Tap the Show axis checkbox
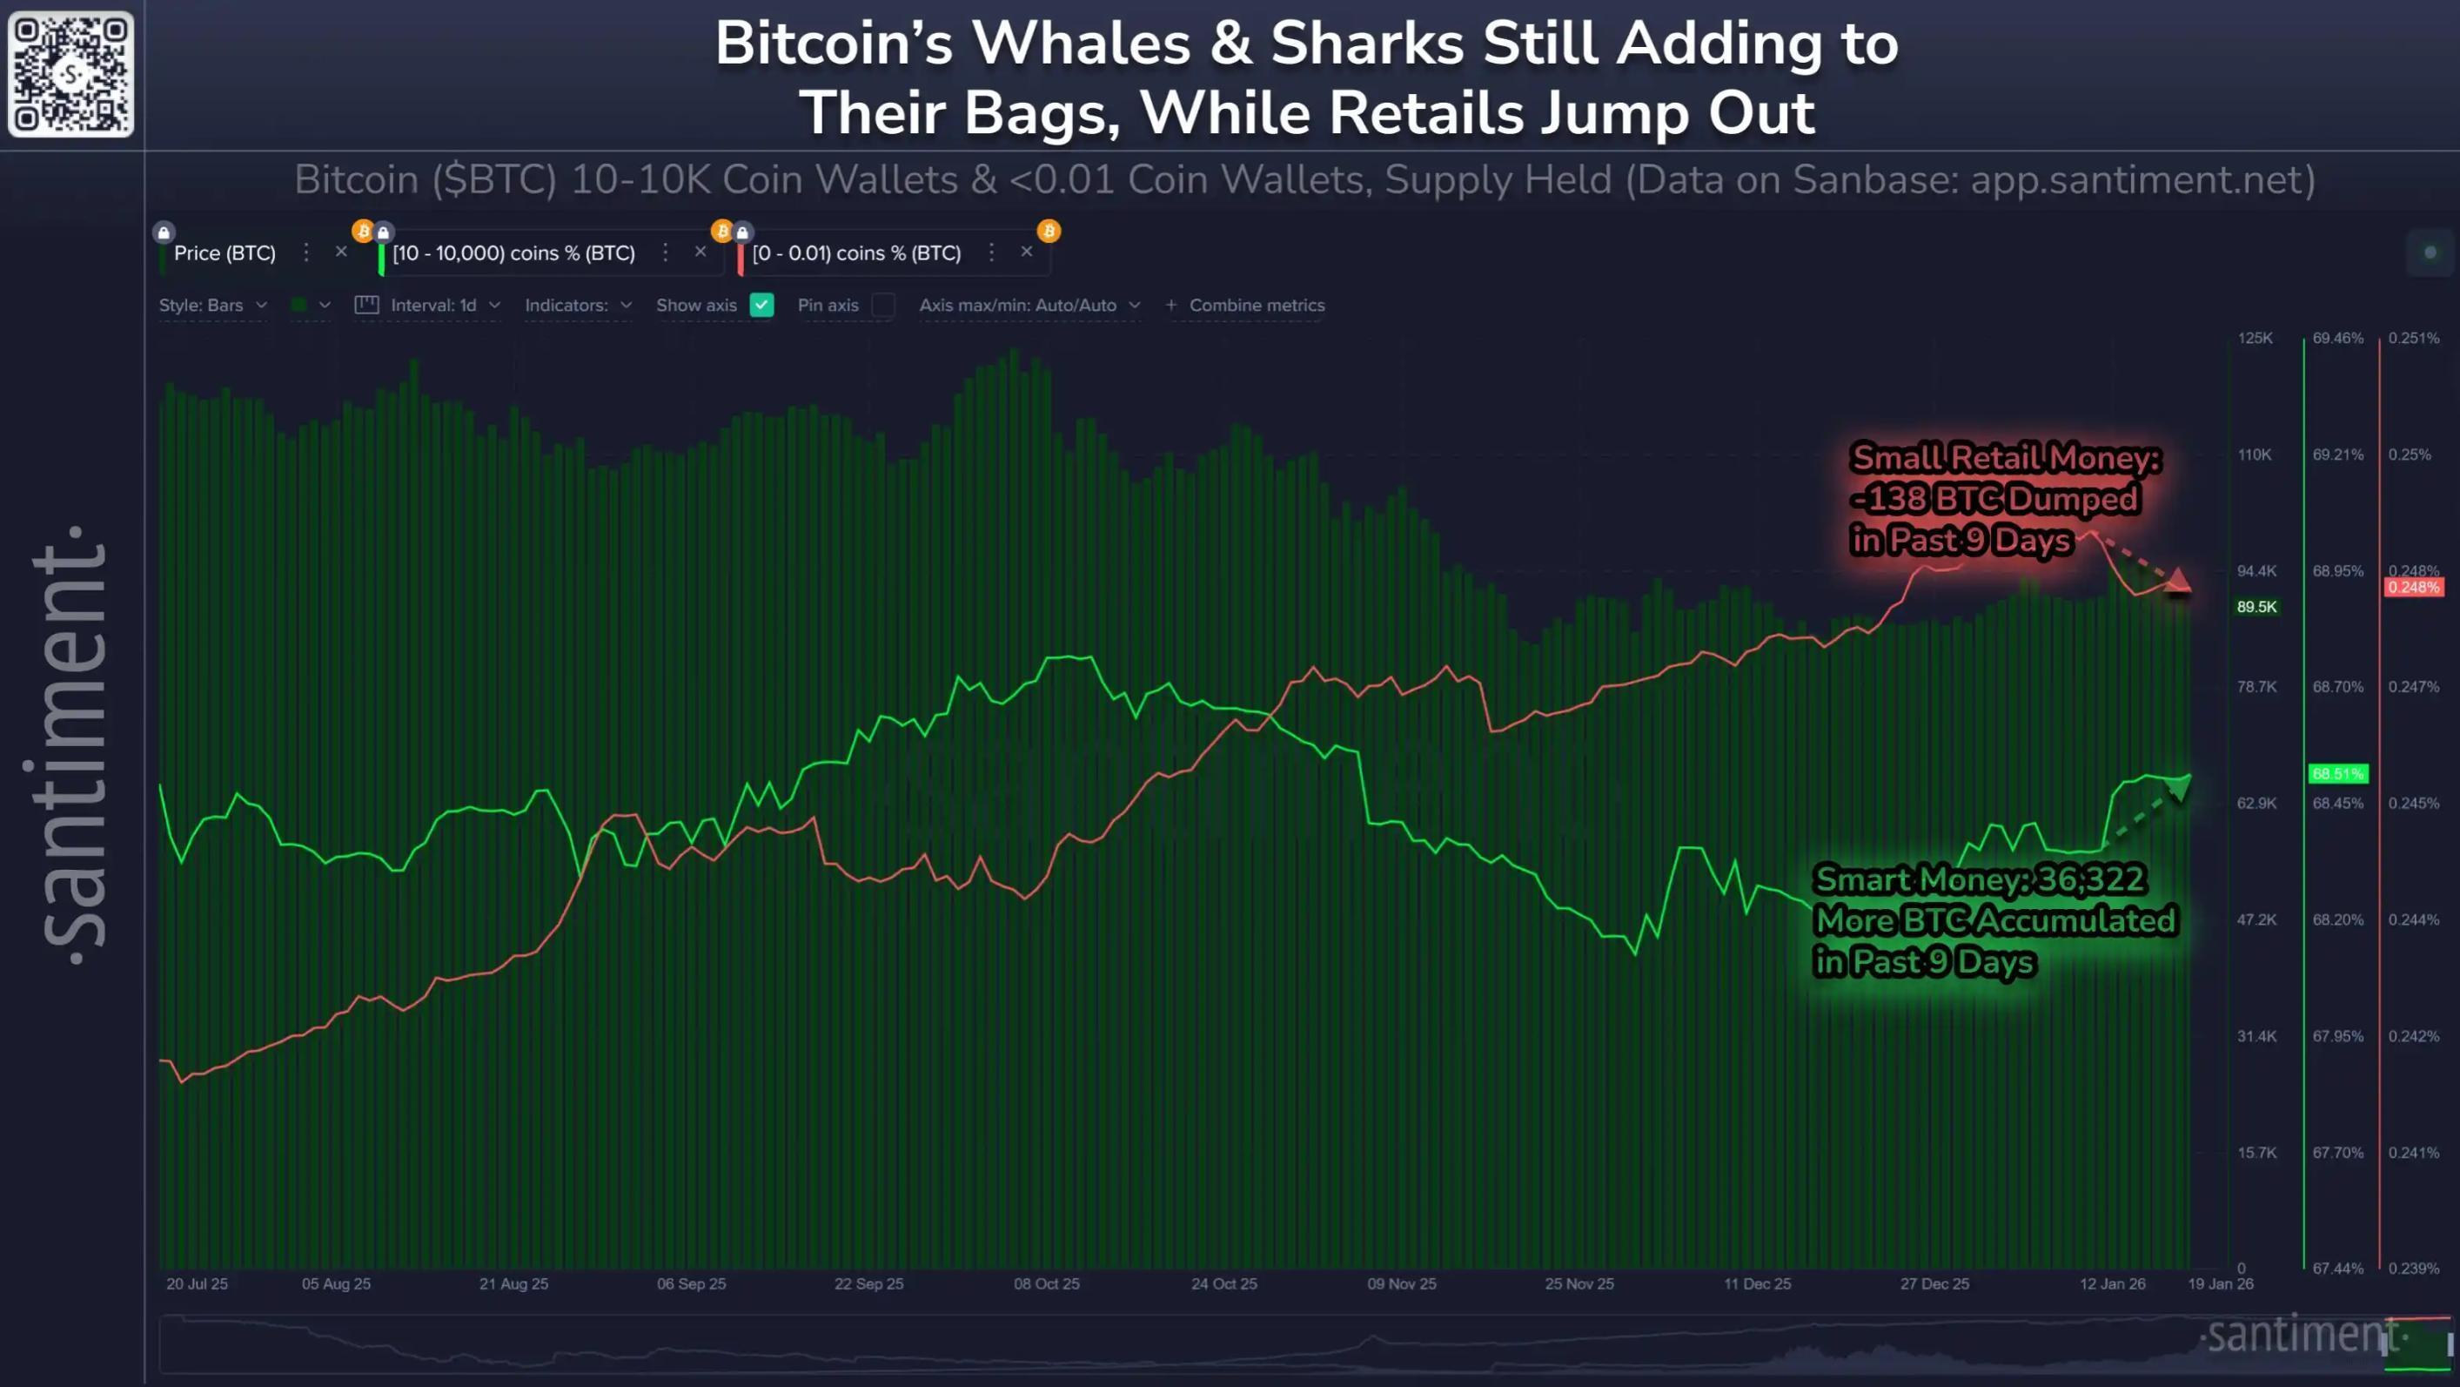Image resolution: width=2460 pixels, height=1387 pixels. point(761,305)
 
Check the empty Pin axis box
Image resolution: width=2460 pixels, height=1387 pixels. point(883,305)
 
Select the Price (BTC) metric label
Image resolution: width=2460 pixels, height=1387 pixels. point(225,253)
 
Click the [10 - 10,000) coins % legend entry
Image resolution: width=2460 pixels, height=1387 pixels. point(513,253)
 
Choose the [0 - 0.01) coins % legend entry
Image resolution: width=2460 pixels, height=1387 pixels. point(855,253)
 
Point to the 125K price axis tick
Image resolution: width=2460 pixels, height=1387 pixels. point(2255,338)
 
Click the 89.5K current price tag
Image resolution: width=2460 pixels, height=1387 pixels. point(2256,607)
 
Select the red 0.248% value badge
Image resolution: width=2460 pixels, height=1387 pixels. point(2413,587)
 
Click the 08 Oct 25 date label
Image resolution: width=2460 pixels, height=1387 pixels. point(1046,1283)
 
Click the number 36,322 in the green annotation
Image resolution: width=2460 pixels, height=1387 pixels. point(2090,879)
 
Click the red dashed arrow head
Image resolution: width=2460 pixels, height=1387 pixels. point(2177,582)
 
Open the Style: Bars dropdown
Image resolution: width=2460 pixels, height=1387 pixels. point(212,305)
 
